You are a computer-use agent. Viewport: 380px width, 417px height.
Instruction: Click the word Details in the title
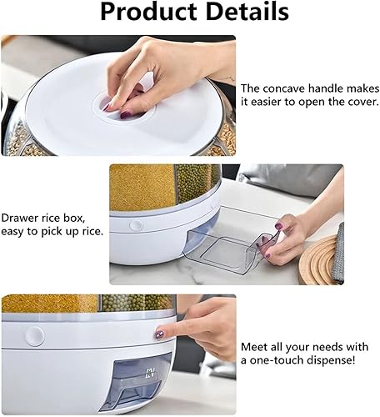(247, 11)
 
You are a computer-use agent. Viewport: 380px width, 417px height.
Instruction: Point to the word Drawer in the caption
(19, 218)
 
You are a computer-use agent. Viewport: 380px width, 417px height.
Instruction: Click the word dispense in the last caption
(331, 360)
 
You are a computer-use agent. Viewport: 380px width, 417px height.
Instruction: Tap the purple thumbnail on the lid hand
(125, 114)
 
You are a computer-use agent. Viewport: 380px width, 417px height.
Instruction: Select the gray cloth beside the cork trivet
(338, 253)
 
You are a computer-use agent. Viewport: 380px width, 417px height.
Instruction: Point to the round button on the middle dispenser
(137, 224)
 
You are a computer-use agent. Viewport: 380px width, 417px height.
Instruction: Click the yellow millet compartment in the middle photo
(142, 187)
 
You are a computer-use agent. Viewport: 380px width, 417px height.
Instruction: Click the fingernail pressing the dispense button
(159, 335)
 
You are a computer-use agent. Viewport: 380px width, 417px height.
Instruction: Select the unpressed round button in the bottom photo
(35, 336)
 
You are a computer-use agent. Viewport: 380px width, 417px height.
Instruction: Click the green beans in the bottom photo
(136, 303)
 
